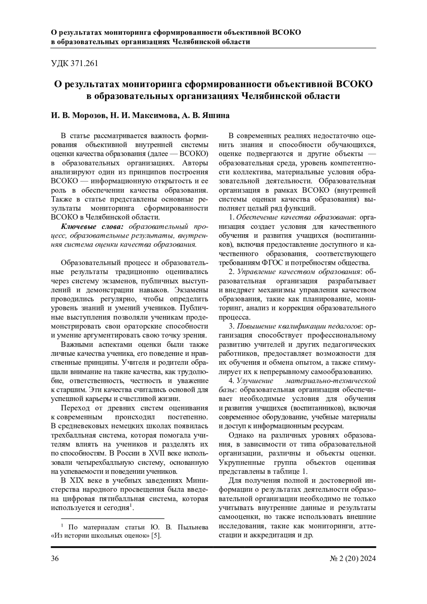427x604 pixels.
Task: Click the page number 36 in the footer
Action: [x=55, y=558]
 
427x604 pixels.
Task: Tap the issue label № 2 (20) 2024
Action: [x=353, y=558]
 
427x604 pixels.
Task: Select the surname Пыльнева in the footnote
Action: [x=190, y=527]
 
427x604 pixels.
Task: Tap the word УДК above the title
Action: [x=60, y=64]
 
